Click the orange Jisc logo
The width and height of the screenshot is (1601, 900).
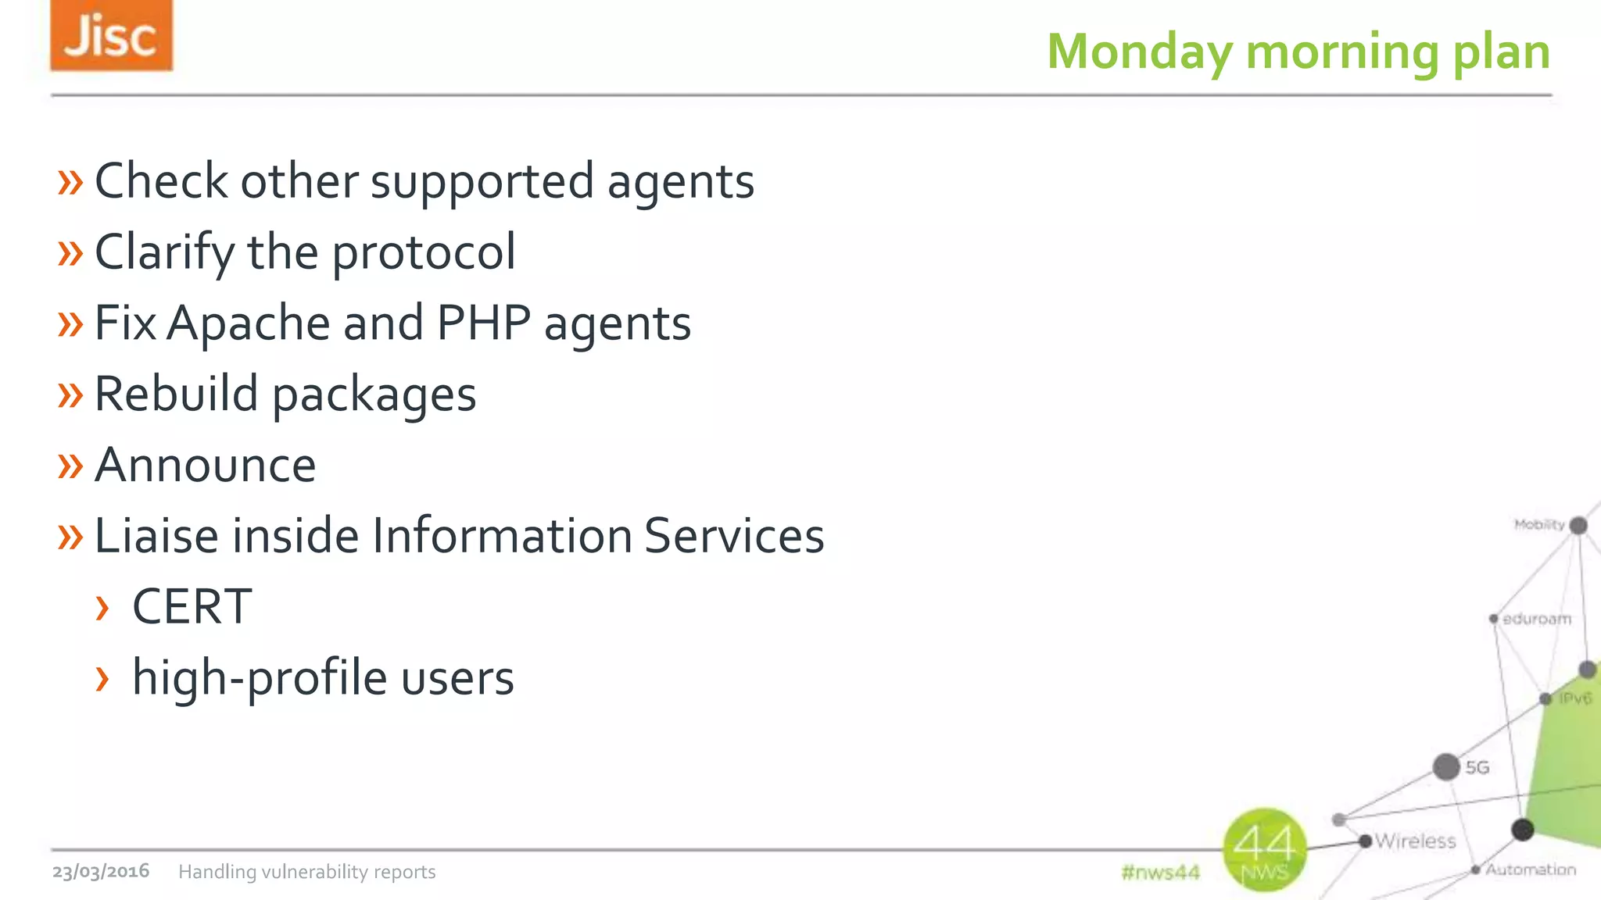(x=111, y=36)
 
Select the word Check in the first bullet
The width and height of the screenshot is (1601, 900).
(x=161, y=181)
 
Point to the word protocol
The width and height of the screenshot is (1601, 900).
(x=424, y=253)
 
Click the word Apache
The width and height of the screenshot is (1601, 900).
(x=248, y=323)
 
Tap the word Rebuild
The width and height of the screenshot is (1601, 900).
(x=176, y=394)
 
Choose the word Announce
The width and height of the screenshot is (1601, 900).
(x=205, y=466)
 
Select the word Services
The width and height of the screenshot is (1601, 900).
(x=734, y=536)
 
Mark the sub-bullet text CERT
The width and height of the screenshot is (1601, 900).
(x=192, y=607)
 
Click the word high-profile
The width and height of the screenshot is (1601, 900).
(x=259, y=678)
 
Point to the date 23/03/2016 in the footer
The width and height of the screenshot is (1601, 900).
(x=101, y=871)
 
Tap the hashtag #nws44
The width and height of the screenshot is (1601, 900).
(x=1160, y=872)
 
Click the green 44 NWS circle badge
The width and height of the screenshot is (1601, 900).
(x=1265, y=850)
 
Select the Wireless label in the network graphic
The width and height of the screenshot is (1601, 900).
(x=1415, y=841)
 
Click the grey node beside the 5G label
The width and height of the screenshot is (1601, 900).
(x=1446, y=767)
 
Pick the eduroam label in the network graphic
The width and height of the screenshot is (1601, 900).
(x=1536, y=619)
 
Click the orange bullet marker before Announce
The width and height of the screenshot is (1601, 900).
(x=70, y=466)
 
